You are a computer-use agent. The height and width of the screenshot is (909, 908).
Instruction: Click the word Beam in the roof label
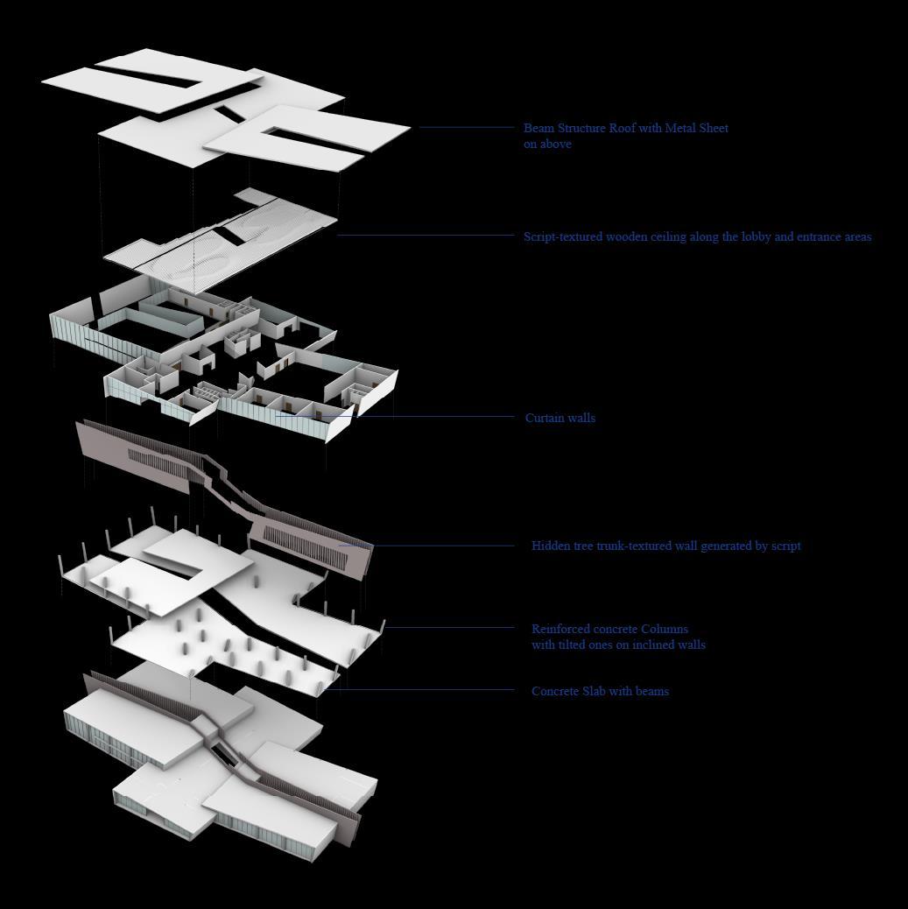point(538,128)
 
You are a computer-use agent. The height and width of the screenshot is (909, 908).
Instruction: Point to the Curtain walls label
point(560,418)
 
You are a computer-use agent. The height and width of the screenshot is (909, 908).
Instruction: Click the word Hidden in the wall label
point(551,546)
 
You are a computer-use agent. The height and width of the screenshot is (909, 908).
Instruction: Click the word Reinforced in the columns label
point(561,629)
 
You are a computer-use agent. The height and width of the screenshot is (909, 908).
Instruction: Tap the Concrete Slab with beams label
point(600,691)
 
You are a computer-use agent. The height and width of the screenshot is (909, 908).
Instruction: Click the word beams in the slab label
point(652,691)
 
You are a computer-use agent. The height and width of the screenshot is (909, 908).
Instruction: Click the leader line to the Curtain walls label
point(438,417)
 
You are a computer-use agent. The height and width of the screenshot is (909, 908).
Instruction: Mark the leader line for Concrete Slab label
point(420,690)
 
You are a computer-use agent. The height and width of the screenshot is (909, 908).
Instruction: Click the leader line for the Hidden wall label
point(438,546)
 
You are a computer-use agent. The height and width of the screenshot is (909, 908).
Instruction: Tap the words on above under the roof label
point(547,144)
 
